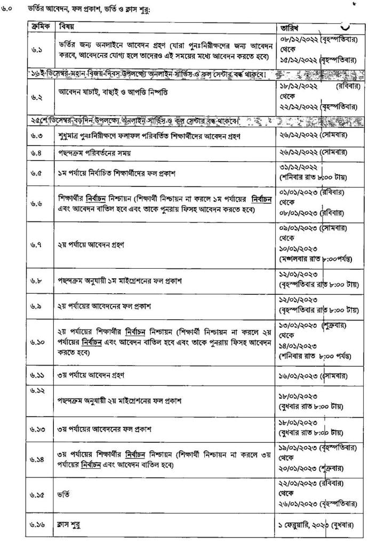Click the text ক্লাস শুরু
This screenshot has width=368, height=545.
[70, 524]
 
